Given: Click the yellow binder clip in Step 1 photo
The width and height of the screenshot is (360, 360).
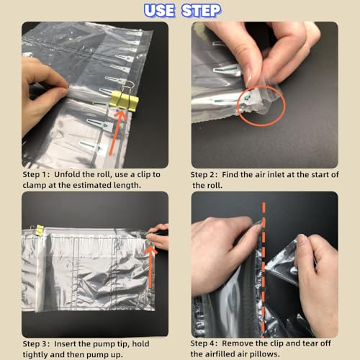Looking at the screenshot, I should [123, 101].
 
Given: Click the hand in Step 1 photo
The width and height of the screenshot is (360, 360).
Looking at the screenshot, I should [40, 94].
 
